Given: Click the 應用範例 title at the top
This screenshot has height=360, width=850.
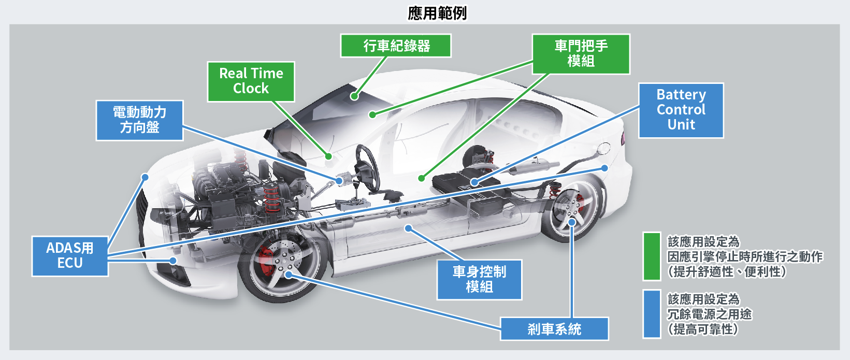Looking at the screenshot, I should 437,12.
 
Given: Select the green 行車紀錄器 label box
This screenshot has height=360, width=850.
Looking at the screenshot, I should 396,46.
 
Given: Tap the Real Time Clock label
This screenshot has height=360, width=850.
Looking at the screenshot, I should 251,81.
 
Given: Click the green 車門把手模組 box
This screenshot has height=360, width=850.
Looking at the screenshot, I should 581,54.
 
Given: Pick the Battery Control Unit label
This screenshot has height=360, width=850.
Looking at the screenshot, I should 681,110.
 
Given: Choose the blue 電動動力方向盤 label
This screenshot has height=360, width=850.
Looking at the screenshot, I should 139,120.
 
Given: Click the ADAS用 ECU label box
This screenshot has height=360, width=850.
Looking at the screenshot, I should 70,256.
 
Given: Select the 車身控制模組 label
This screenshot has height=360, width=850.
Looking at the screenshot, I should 479,279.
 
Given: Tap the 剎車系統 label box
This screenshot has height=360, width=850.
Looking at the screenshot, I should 554,329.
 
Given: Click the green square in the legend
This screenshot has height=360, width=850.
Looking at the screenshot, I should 652,256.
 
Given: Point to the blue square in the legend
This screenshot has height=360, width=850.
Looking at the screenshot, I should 652,314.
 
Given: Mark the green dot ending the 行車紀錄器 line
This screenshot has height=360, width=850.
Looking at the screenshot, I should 354,96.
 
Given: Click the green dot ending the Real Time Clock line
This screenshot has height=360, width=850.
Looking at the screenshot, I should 328,156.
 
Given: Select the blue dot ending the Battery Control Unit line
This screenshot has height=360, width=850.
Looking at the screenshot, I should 474,182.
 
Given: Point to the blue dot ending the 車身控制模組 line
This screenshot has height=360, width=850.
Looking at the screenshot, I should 408,228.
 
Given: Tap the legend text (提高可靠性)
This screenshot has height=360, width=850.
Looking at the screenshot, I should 702,329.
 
